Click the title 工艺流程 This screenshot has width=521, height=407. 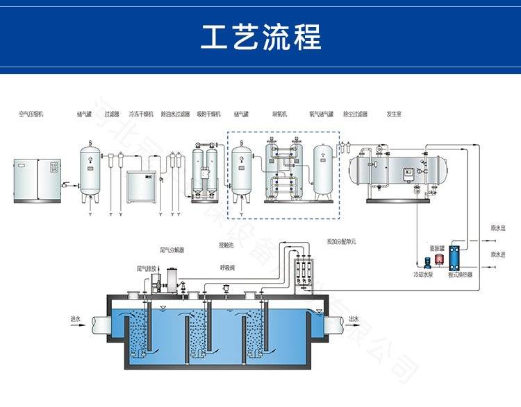tap(260, 36)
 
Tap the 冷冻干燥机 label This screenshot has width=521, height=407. tap(139, 114)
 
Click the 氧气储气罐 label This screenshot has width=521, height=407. tap(322, 114)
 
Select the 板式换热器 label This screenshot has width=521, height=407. tap(460, 275)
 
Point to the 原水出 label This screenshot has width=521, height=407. tap(498, 227)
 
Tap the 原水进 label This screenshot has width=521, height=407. tap(498, 254)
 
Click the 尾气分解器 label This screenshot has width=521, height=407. tap(172, 249)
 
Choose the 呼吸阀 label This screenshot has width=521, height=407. tap(228, 267)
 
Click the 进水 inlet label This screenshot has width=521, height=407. tap(76, 319)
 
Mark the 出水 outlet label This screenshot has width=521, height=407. tap(354, 319)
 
